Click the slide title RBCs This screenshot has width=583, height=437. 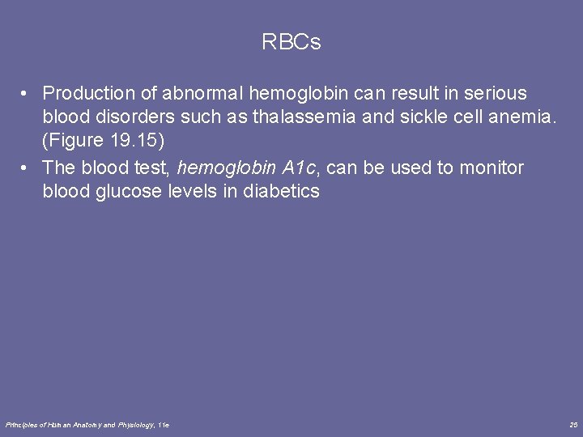coord(291,42)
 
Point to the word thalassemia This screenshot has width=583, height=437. coord(300,117)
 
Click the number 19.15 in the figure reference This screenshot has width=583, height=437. coord(136,141)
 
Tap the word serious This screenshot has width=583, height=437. coord(495,93)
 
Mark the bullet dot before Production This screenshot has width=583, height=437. coord(27,93)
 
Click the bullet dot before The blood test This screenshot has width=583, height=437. coord(27,168)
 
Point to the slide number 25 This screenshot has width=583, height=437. coord(573,425)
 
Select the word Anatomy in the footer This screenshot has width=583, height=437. coord(80,425)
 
